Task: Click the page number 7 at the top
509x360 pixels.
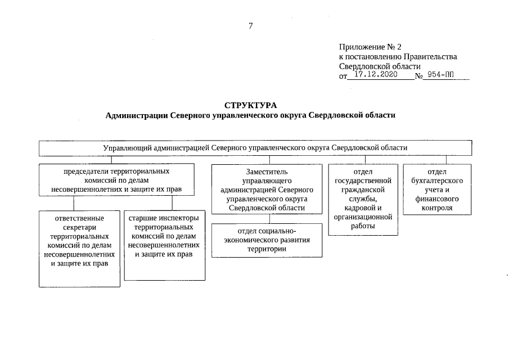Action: coord(251,25)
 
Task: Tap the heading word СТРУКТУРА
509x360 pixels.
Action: coord(251,105)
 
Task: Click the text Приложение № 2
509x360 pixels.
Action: coord(371,47)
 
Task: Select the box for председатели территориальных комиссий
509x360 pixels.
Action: coord(116,179)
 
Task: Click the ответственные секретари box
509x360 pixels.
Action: coord(79,247)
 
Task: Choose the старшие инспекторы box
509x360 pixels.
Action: coord(164,245)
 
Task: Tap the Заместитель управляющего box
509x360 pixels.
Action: coord(267,189)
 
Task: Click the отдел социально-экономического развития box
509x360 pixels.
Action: coord(267,240)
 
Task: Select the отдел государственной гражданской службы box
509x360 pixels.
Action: coord(363,199)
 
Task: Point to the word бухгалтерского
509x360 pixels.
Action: coord(437,181)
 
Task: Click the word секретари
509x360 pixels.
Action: coord(79,228)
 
